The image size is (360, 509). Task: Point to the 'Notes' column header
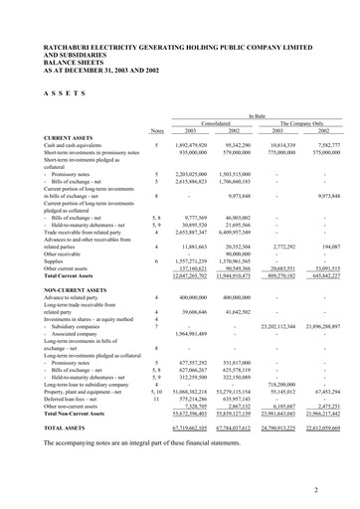(156, 132)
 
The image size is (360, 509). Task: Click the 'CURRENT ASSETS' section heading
(64, 138)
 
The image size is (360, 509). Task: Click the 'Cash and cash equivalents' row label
(72, 146)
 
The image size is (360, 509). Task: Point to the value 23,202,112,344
(277, 326)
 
